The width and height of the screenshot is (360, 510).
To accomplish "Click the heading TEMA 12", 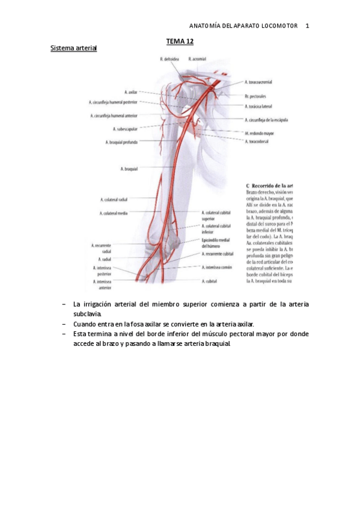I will pyautogui.click(x=180, y=41).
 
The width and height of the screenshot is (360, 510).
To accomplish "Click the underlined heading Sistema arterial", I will pyautogui.click(x=73, y=48).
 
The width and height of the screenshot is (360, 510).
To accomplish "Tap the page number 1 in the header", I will pyautogui.click(x=307, y=26).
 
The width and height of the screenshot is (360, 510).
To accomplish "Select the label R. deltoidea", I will pyautogui.click(x=170, y=59).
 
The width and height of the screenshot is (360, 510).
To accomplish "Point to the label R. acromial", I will pyautogui.click(x=197, y=59).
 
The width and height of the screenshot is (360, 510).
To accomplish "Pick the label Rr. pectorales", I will pyautogui.click(x=255, y=96).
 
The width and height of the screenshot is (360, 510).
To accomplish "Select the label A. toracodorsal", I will pyautogui.click(x=260, y=141).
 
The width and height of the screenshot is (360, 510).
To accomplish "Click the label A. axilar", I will pyautogui.click(x=131, y=92).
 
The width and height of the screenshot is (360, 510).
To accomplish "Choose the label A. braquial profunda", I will pyautogui.click(x=121, y=143).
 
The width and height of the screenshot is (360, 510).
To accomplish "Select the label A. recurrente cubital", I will pyautogui.click(x=218, y=254).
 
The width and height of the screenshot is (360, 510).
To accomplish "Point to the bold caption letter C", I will pyautogui.click(x=249, y=186).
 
